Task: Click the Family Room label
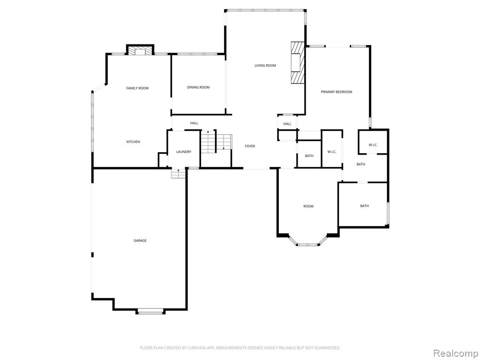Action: point(137,88)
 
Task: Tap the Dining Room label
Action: point(198,87)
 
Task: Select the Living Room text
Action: point(265,65)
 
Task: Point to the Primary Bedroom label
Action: point(337,92)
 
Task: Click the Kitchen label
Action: point(133,142)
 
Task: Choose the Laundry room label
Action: point(184,152)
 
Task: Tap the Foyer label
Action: point(250,146)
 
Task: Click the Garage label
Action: point(140,240)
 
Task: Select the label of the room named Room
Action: point(308,206)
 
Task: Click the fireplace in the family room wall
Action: point(140,51)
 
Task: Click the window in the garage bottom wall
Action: point(150,313)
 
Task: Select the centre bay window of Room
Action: point(308,245)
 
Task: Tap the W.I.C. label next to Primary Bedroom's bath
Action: point(373,145)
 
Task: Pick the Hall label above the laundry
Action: point(194,123)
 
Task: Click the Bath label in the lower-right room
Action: point(364,206)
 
